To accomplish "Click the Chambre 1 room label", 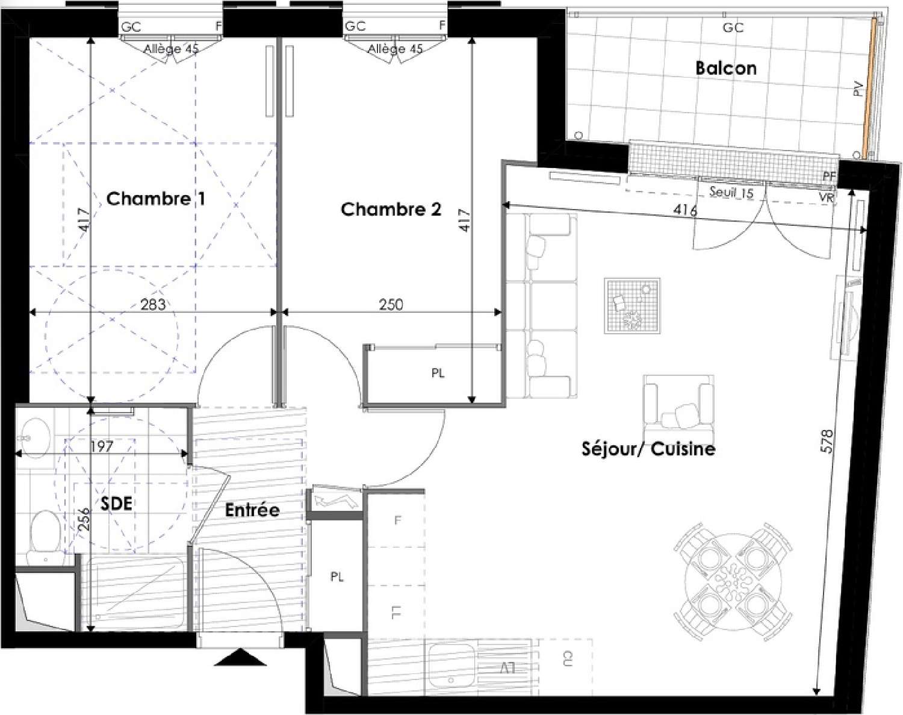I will (155, 198).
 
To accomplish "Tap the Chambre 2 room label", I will (391, 209).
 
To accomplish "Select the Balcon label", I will (725, 67).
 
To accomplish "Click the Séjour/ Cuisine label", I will (648, 449).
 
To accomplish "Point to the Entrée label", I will (252, 510).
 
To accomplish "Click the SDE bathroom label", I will (116, 503).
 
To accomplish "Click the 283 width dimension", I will (153, 304).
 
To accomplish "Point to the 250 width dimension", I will (391, 304).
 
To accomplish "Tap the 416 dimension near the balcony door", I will (685, 210).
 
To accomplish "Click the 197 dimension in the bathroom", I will (102, 446).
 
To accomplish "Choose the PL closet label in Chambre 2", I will (438, 373).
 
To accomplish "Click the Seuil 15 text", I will (731, 193).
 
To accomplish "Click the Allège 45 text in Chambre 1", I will (170, 49).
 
